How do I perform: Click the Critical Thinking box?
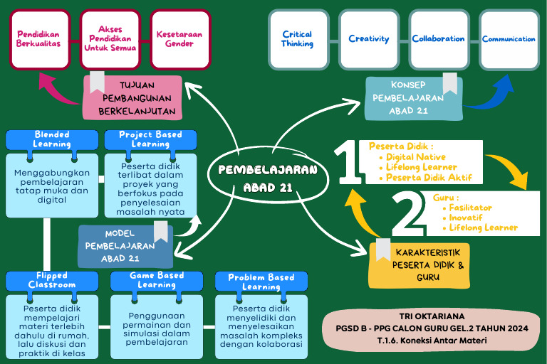pyautogui.click(x=297, y=39)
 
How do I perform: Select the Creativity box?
pyautogui.click(x=369, y=39)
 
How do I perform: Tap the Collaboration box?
pyautogui.click(x=438, y=39)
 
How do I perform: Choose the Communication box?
pyautogui.click(x=509, y=39)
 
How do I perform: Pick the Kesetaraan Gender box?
pyautogui.click(x=179, y=38)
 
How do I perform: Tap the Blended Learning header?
pyautogui.click(x=52, y=139)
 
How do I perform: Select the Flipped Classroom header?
pyautogui.click(x=52, y=280)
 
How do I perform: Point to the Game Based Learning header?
pyautogui.click(x=157, y=280)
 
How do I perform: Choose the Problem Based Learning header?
pyautogui.click(x=261, y=282)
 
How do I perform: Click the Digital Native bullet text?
pyautogui.click(x=416, y=157)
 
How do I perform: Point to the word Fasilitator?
pyautogui.click(x=470, y=208)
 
